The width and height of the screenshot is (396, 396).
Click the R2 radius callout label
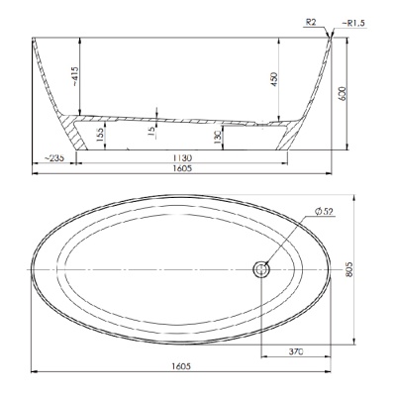tap(311, 22)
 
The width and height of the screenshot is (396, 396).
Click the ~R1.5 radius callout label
tap(354, 24)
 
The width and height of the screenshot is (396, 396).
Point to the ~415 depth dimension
tap(74, 77)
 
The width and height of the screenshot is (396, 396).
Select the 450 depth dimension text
tap(274, 79)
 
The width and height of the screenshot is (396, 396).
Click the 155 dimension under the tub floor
tap(100, 135)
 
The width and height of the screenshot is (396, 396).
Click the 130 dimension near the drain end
tap(217, 138)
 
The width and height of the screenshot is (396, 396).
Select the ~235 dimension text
tap(53, 157)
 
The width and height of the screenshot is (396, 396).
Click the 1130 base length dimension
tap(182, 157)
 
